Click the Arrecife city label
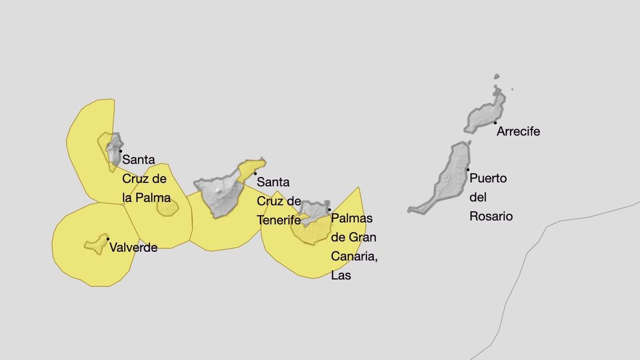(518, 131)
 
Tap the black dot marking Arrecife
(495, 123)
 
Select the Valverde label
(133, 247)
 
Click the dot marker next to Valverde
(108, 239)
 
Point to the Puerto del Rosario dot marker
(468, 170)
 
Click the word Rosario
(491, 216)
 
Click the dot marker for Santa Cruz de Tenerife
(255, 173)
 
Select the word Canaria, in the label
(354, 257)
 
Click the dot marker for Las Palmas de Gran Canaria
(329, 210)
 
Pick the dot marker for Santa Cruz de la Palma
(121, 151)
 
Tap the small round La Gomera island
(167, 208)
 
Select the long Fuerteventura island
(451, 176)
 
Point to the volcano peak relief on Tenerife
(220, 189)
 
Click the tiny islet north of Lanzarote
(497, 77)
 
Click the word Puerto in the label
(488, 178)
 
